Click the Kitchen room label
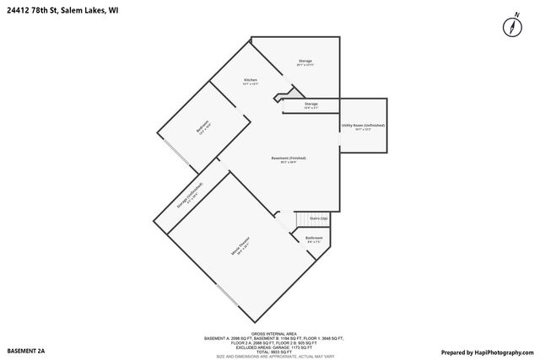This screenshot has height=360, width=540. [x=251, y=82]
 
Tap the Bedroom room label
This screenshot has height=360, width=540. [x=202, y=128]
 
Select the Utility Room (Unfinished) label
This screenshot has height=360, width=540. [x=363, y=126]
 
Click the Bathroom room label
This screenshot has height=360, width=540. [x=314, y=239]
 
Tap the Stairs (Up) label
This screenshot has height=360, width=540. [x=318, y=218]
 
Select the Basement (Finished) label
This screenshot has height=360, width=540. [x=288, y=160]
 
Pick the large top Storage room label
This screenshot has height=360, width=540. [x=305, y=62]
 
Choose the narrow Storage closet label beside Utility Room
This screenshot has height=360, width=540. [x=311, y=105]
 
